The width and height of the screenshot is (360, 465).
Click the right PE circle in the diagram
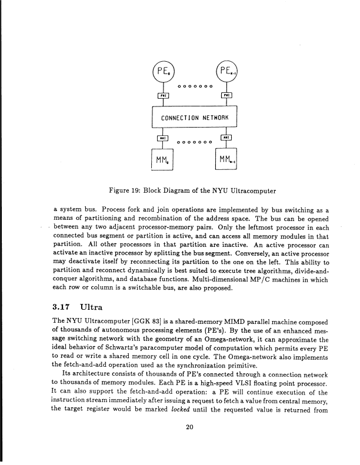pos(227,73)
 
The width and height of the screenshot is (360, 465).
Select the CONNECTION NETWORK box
pos(194,116)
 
